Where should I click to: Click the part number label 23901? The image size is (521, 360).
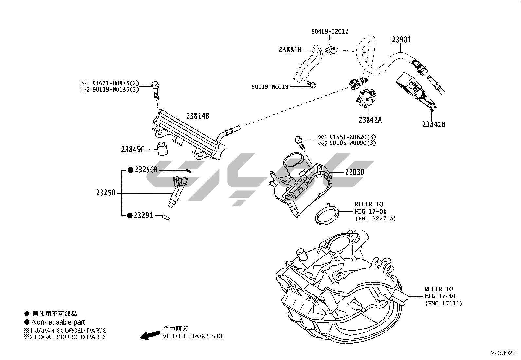click(x=401, y=40)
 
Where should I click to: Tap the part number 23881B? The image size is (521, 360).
click(x=290, y=50)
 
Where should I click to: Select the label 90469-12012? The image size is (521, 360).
click(x=330, y=32)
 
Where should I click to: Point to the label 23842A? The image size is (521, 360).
click(x=370, y=120)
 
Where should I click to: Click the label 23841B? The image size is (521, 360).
click(x=433, y=124)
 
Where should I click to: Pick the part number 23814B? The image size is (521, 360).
click(x=198, y=116)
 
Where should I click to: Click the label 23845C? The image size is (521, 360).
click(x=133, y=150)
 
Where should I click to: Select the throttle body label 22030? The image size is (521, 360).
click(x=354, y=172)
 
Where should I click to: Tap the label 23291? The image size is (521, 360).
click(x=144, y=216)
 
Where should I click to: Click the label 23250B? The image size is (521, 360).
click(x=146, y=170)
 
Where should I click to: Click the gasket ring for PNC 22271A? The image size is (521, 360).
click(x=327, y=215)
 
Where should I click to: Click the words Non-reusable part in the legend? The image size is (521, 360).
click(x=58, y=322)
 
